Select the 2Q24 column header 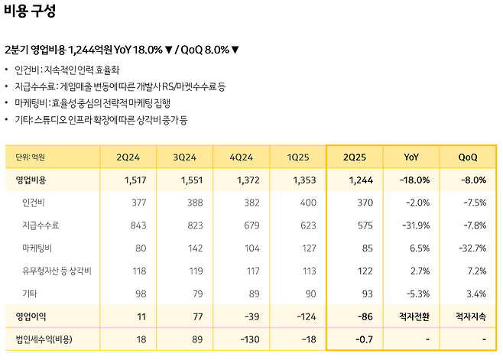tap(128, 157)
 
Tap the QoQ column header tap(468, 157)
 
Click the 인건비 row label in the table tap(35, 203)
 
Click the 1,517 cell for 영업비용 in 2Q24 tap(135, 180)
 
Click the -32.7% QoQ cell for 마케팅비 tap(471, 248)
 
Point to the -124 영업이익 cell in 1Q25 tap(306, 315)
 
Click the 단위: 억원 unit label tap(30, 157)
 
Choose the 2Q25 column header tap(355, 157)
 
